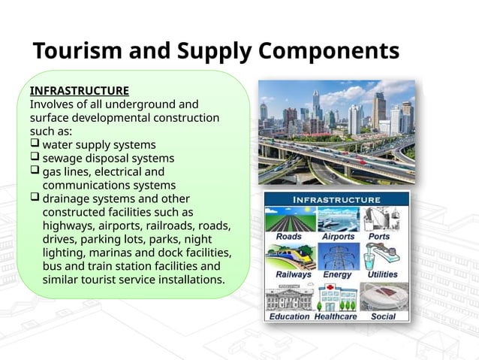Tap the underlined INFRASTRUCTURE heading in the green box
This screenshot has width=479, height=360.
[x=80, y=91]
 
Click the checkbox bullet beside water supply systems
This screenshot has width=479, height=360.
[x=35, y=144]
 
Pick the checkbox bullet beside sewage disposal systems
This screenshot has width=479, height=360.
[x=35, y=158]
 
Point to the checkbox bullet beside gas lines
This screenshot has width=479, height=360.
[x=35, y=171]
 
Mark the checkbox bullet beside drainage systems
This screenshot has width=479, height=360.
[x=35, y=198]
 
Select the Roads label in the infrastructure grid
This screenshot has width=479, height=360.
[x=288, y=236]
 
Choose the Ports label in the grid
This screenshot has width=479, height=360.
[x=379, y=236]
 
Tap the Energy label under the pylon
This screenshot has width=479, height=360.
[x=337, y=274]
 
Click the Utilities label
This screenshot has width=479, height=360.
[x=382, y=274]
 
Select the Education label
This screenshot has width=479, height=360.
[x=289, y=316]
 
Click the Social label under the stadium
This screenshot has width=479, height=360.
[x=383, y=316]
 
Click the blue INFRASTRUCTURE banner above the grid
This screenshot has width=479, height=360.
[x=336, y=200]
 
